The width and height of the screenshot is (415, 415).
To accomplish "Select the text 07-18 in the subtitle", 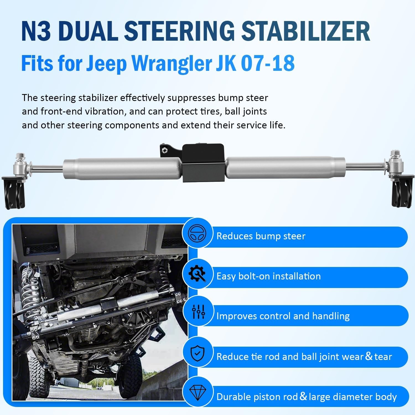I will (268, 63).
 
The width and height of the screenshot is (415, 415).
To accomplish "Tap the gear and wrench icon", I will (197, 274).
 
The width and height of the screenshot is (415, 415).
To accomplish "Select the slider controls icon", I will (198, 312).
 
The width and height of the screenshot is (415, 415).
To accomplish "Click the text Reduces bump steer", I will (261, 236).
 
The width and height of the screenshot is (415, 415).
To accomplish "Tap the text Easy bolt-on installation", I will (268, 276).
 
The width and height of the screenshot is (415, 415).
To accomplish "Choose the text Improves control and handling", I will (283, 316).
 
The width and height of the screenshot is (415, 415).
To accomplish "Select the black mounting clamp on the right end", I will (402, 192).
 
